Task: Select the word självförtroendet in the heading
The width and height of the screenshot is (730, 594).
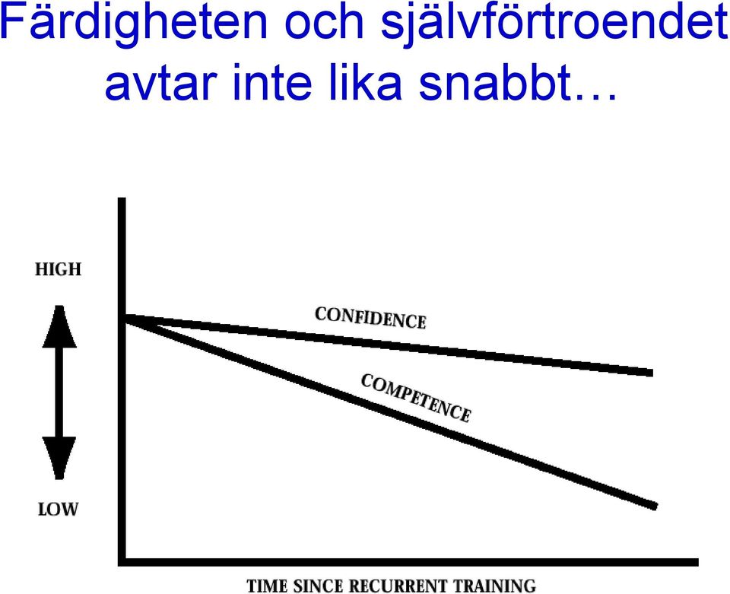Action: click(x=554, y=24)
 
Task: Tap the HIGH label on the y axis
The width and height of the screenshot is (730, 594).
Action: click(x=59, y=269)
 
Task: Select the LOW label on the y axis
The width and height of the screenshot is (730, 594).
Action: click(x=58, y=510)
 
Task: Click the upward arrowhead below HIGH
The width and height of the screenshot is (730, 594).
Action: click(x=59, y=326)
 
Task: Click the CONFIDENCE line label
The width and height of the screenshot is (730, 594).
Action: click(x=370, y=318)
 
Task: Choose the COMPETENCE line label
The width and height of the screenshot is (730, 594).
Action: click(x=416, y=398)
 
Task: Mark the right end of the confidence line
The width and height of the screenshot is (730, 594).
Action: click(x=652, y=373)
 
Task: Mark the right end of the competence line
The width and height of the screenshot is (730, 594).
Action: click(x=656, y=507)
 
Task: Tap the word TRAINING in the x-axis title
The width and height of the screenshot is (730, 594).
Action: click(x=495, y=585)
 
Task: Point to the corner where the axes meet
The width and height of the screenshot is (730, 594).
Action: click(x=122, y=562)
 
